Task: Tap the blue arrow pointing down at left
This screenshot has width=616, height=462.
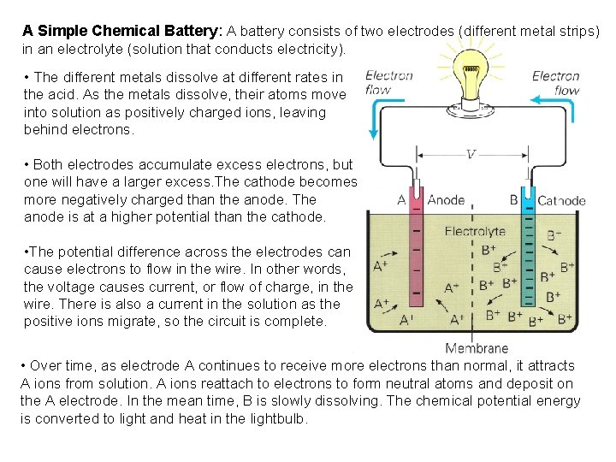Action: click(x=374, y=115)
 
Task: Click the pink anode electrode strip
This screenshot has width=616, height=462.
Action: click(x=417, y=257)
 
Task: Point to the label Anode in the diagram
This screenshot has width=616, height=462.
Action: click(x=446, y=200)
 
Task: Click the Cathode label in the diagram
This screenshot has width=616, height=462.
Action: click(x=561, y=201)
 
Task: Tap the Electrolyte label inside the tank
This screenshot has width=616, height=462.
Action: click(x=475, y=231)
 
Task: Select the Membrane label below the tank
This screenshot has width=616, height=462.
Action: click(x=477, y=348)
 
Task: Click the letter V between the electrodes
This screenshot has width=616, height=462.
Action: click(x=471, y=155)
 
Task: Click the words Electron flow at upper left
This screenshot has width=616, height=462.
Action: click(x=389, y=82)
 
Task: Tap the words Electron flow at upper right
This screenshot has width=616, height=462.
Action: click(x=555, y=83)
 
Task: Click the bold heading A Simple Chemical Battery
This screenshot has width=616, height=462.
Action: click(x=122, y=30)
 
